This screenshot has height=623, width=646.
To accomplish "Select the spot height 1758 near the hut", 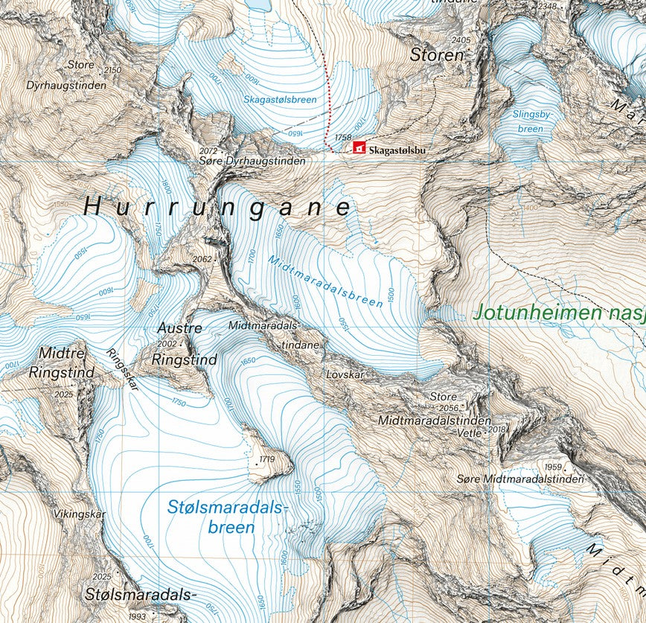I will [x=343, y=138].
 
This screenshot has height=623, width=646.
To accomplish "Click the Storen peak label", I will [x=437, y=55].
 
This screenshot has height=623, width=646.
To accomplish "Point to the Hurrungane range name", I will [x=217, y=207].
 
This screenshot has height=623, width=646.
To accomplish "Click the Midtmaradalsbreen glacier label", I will [x=327, y=285].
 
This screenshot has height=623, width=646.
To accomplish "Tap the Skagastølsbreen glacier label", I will [x=280, y=99].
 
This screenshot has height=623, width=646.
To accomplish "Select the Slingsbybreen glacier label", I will [x=529, y=121].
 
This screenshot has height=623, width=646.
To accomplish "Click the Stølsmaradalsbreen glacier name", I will [x=226, y=517].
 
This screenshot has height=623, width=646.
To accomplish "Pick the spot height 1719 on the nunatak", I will [x=267, y=459].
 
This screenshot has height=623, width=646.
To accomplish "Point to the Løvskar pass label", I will [x=345, y=375].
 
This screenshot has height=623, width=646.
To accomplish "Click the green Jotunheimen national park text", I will [x=558, y=313].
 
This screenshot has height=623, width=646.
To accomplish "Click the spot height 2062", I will [x=202, y=259].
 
